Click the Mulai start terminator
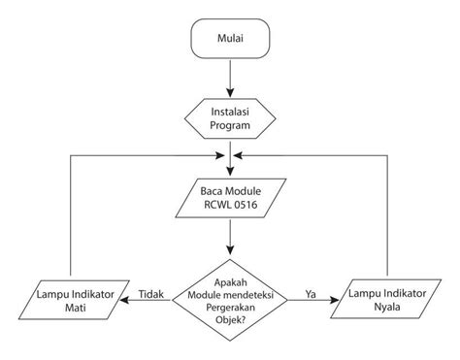point(230,41)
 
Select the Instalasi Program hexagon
point(230,118)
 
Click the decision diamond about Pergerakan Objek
point(230,298)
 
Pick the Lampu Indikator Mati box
point(73,298)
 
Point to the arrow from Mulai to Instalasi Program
point(230,78)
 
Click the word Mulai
point(230,41)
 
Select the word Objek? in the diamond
point(230,319)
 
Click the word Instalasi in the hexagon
point(230,112)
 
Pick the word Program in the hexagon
point(230,126)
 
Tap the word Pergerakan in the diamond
point(230,305)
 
